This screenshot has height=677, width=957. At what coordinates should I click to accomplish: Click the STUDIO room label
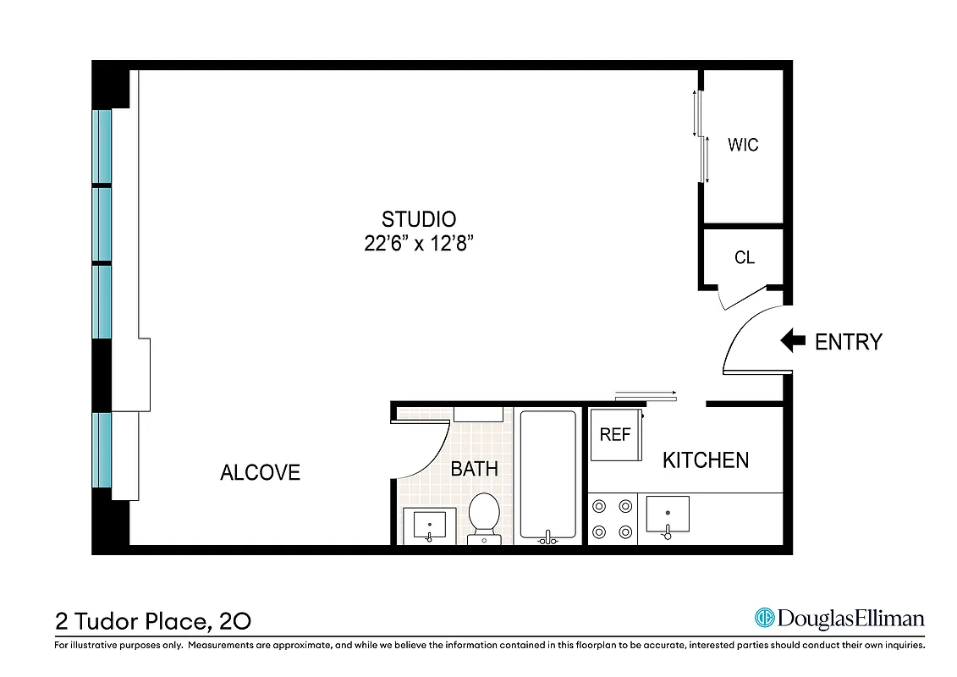click(419, 219)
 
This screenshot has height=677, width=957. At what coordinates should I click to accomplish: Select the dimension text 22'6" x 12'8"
click(419, 244)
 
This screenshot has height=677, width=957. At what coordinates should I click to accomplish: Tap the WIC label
click(743, 145)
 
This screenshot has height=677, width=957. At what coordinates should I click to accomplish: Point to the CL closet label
click(744, 257)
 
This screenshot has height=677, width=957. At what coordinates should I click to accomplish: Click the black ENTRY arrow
click(792, 341)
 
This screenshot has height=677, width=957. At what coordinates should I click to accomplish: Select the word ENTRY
click(848, 342)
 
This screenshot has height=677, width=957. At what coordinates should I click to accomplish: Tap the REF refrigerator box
click(615, 435)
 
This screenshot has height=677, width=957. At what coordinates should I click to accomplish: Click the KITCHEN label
click(705, 460)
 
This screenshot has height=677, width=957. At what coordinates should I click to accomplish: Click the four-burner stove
click(612, 519)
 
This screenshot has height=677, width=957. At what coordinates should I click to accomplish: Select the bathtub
click(547, 475)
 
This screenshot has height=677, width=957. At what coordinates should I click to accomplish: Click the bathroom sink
click(429, 525)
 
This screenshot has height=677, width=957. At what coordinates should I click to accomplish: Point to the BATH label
click(474, 469)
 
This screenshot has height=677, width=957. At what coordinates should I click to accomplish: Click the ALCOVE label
click(260, 472)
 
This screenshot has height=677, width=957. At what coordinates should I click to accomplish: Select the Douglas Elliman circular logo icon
click(765, 619)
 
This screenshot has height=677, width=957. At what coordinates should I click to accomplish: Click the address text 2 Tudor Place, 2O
click(153, 622)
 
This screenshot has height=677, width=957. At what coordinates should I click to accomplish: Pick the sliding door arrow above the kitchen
click(646, 394)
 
